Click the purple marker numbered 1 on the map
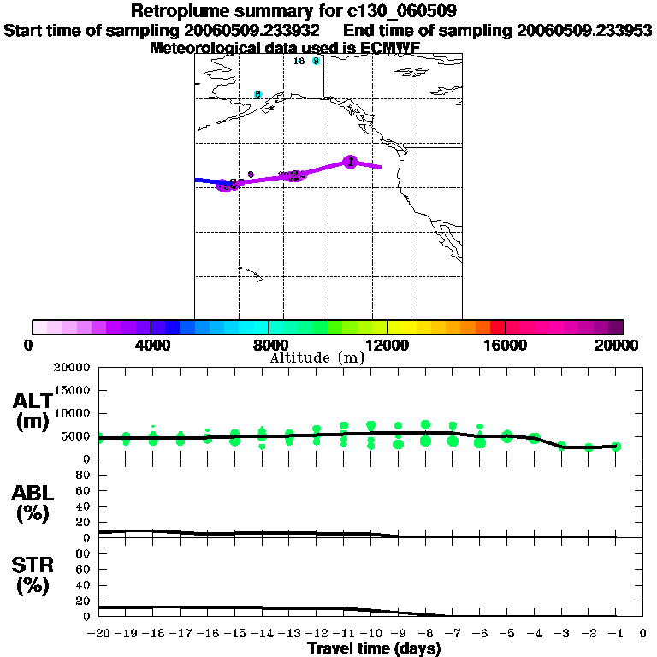(349, 162)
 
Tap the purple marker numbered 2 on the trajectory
(294, 175)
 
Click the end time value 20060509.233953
(584, 31)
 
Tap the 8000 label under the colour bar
(269, 345)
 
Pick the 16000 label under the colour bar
(506, 345)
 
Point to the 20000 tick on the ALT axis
(72, 368)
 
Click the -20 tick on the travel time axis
(99, 634)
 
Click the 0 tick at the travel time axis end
(642, 634)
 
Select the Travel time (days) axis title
(374, 649)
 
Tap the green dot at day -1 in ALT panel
(616, 447)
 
